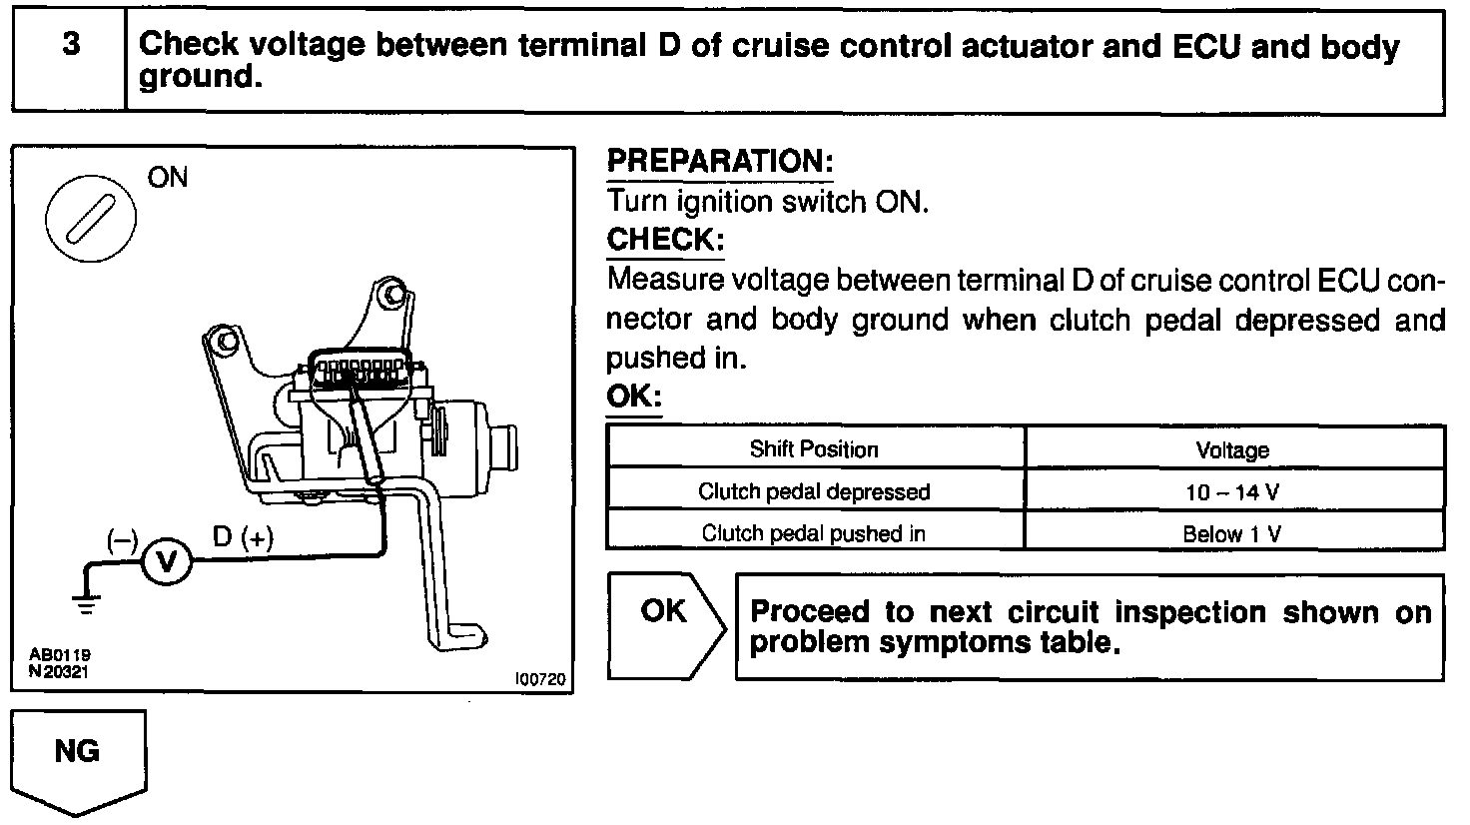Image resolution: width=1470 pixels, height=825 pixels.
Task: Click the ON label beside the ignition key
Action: point(167,178)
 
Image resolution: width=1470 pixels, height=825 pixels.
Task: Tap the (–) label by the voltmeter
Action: point(122,539)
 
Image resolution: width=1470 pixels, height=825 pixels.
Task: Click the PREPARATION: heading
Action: point(720,162)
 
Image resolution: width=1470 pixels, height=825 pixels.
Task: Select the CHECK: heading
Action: point(664,241)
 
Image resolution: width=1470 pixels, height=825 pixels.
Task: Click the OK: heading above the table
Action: point(634,398)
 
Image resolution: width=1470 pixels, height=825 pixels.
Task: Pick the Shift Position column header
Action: point(814,449)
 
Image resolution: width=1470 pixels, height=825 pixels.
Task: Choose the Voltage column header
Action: point(1232,450)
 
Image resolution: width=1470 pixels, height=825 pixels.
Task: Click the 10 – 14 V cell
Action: point(1232,491)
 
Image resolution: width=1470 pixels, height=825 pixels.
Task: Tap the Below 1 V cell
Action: point(1232,533)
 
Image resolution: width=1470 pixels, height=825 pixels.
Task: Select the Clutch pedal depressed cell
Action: point(814,491)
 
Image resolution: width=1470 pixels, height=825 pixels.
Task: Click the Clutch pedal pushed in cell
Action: point(814,533)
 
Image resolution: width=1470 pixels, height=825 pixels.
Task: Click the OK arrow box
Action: point(665,625)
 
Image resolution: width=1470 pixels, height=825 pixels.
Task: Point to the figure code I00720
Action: point(540,679)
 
